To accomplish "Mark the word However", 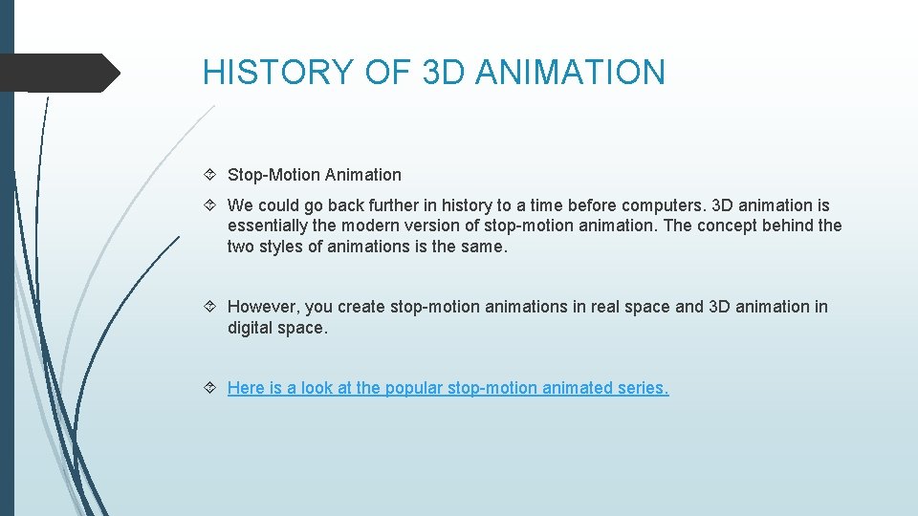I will point(264,307).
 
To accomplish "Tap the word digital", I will point(251,328).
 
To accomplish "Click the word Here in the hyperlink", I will point(246,388).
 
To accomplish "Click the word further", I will point(400,205).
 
